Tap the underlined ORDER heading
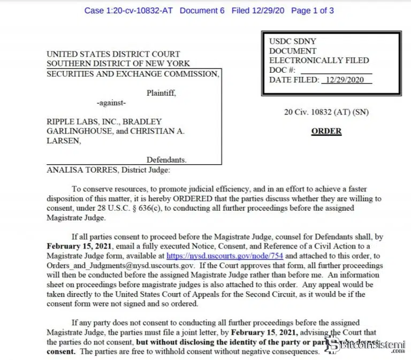[x=326, y=131]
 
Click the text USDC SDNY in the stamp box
[x=292, y=41]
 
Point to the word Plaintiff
[x=161, y=93]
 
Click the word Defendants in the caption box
[x=166, y=160]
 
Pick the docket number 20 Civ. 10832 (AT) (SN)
[x=326, y=112]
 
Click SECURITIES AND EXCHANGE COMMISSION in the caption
[x=133, y=74]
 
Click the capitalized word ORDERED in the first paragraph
[x=174, y=198]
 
